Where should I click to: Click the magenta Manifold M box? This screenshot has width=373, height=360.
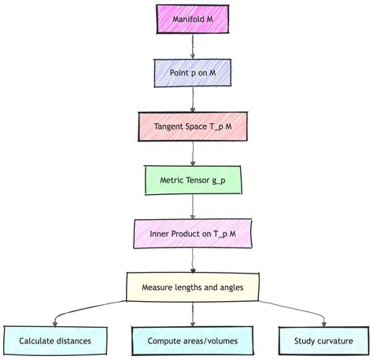(x=192, y=19)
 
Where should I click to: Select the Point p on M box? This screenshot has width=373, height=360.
(x=192, y=72)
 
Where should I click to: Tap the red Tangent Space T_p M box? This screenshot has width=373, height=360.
(x=193, y=127)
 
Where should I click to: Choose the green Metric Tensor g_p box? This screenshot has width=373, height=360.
(x=193, y=180)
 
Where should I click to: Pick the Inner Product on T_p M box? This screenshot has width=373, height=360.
(x=193, y=233)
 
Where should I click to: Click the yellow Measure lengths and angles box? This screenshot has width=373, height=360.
(x=193, y=287)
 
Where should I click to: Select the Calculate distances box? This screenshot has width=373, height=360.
(x=55, y=341)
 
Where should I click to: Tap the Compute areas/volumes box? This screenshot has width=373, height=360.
(x=193, y=341)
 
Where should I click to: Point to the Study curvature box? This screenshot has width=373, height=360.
(x=324, y=341)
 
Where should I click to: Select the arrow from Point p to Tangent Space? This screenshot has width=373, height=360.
(x=192, y=99)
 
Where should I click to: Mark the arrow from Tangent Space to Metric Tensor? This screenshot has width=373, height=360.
(x=193, y=153)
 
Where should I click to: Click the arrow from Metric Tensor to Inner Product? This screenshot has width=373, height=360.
(x=193, y=207)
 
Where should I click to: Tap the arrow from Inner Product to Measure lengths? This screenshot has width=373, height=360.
(x=193, y=260)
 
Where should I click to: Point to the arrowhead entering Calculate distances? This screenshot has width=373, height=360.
(x=55, y=322)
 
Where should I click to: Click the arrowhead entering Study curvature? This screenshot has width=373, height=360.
(x=324, y=322)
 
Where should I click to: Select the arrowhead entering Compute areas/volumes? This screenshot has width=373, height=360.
(x=193, y=322)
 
